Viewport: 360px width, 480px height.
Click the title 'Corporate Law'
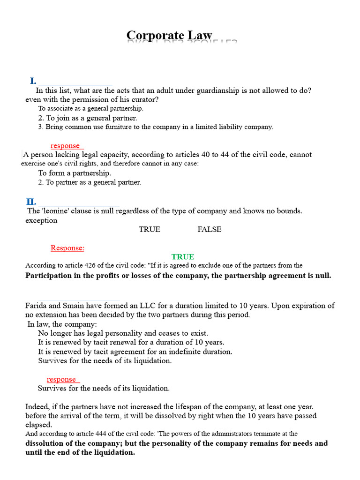pyautogui.click(x=169, y=36)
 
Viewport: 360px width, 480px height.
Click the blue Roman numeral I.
pyautogui.click(x=33, y=81)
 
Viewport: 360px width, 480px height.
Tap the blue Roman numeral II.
pyautogui.click(x=31, y=202)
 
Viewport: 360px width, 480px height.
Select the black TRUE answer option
pyautogui.click(x=150, y=229)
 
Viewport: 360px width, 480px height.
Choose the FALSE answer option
pyautogui.click(x=210, y=229)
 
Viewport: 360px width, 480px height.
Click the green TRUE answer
pyautogui.click(x=183, y=257)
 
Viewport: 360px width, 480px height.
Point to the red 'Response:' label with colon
pyautogui.click(x=67, y=248)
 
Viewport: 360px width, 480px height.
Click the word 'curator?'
pyautogui.click(x=144, y=99)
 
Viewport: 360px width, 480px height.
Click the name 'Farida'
pyautogui.click(x=37, y=306)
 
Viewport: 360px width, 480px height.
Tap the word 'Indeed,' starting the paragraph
pyautogui.click(x=37, y=406)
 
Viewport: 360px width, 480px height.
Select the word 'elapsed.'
pyautogui.click(x=38, y=425)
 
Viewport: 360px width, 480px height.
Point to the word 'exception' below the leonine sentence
pyautogui.click(x=41, y=220)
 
